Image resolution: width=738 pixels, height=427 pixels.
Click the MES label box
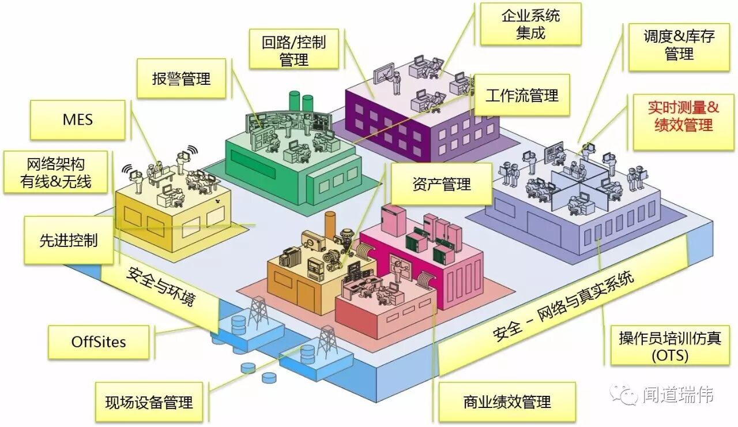pos(77,119)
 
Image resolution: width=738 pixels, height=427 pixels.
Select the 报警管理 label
pos(182,78)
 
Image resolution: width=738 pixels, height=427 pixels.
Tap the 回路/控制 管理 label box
pos(293,50)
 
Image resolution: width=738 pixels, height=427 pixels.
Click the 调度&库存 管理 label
pos(679,45)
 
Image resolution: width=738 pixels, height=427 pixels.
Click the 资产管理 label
pos(441,184)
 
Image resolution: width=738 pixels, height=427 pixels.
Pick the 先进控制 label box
pos(68,240)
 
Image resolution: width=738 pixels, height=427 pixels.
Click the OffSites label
pos(98,341)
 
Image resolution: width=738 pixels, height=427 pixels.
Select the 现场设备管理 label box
pos(149,402)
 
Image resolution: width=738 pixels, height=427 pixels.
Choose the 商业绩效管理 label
pos(507,402)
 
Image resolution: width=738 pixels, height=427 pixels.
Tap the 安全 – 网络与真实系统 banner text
pos(563,306)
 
